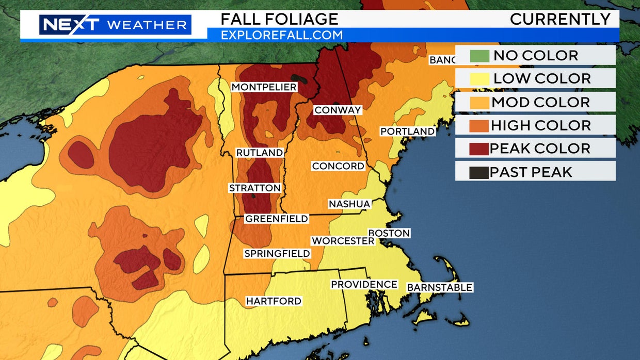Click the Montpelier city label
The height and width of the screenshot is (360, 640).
tap(264, 87)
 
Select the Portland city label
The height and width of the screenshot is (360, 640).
tap(407, 132)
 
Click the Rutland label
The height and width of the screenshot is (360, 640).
tap(259, 153)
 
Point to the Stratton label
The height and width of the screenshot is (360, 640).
tap(255, 188)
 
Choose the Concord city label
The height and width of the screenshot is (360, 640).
tap(338, 166)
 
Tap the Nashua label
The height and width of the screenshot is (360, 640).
tap(349, 204)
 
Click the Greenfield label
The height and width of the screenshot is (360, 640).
tap(276, 219)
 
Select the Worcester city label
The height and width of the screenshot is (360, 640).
tap(342, 241)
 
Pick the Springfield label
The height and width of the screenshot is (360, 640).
tap(277, 253)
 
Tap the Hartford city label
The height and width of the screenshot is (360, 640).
tap(274, 301)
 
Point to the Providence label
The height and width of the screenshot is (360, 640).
tap(364, 284)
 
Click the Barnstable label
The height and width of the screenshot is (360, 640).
tap(440, 287)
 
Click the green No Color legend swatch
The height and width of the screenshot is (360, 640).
tap(479, 56)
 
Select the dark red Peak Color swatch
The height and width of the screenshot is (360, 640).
tap(479, 149)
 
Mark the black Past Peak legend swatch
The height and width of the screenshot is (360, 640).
tap(479, 172)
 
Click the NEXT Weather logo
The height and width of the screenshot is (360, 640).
tap(115, 25)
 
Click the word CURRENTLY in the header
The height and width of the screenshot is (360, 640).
tap(560, 19)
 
